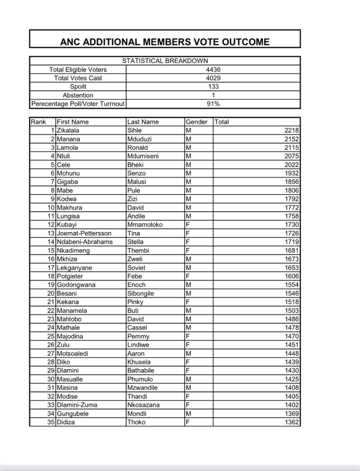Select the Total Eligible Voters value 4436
pyautogui.click(x=213, y=70)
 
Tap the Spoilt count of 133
pyautogui.click(x=213, y=87)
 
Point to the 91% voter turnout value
pyautogui.click(x=213, y=104)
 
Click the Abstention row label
pyautogui.click(x=78, y=95)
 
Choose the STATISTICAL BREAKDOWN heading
pyautogui.click(x=165, y=61)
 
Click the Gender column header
pyautogui.click(x=197, y=122)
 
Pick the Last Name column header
pyautogui.click(x=143, y=122)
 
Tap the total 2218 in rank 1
pyautogui.click(x=292, y=131)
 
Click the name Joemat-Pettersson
pyautogui.click(x=84, y=233)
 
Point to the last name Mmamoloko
pyautogui.click(x=145, y=225)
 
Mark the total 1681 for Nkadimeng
pyautogui.click(x=292, y=250)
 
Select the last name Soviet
pyautogui.click(x=136, y=268)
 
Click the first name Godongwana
pyautogui.click(x=76, y=285)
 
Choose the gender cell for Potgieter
pyautogui.click(x=188, y=276)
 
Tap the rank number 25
pyautogui.click(x=51, y=336)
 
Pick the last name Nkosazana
pyautogui.click(x=143, y=405)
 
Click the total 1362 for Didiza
pyautogui.click(x=292, y=422)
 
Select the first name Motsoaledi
pyautogui.click(x=74, y=353)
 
